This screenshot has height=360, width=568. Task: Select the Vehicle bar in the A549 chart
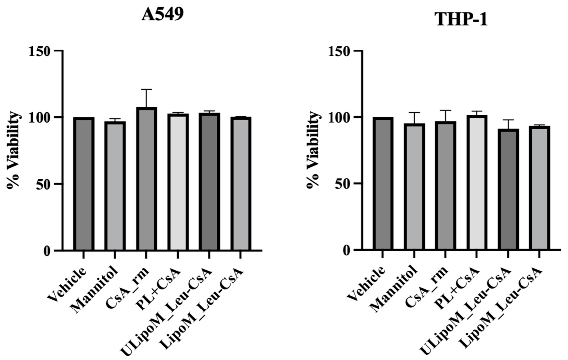[x=83, y=184]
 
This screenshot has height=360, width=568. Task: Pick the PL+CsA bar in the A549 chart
[x=178, y=182]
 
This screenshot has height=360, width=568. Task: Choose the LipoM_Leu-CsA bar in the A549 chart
[x=240, y=184]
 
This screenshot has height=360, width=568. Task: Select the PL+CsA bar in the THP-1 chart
[x=476, y=183]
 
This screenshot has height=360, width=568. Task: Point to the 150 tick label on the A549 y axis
[x=41, y=51]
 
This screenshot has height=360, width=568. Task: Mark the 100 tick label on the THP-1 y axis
[x=340, y=117]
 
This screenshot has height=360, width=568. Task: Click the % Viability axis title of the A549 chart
[x=14, y=150]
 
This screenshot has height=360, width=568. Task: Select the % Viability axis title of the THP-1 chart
[x=313, y=150]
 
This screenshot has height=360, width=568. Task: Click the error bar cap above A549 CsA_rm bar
[x=146, y=89]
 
